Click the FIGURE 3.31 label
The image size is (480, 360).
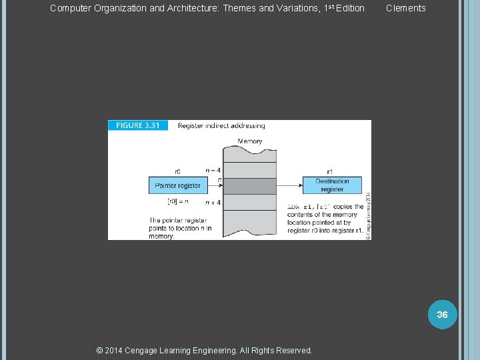pyautogui.click(x=138, y=125)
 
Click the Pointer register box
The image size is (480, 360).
pyautogui.click(x=177, y=185)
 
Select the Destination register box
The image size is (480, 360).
pyautogui.click(x=332, y=185)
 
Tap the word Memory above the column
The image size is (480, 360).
pyautogui.click(x=249, y=141)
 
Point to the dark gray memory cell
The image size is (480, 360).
pyautogui.click(x=249, y=186)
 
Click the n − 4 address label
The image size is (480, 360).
pyautogui.click(x=213, y=170)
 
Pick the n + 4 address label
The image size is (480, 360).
pyautogui.click(x=213, y=203)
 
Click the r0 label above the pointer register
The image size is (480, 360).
pyautogui.click(x=177, y=171)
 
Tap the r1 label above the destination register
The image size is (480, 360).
pyautogui.click(x=331, y=171)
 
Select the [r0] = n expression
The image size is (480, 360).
pyautogui.click(x=177, y=201)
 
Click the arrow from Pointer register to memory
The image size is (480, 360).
pyautogui.click(x=213, y=185)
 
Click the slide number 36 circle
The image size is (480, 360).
pyautogui.click(x=442, y=314)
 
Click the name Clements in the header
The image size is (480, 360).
pyautogui.click(x=405, y=8)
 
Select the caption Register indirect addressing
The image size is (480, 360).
pyautogui.click(x=221, y=125)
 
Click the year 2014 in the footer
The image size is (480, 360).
pyautogui.click(x=117, y=350)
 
